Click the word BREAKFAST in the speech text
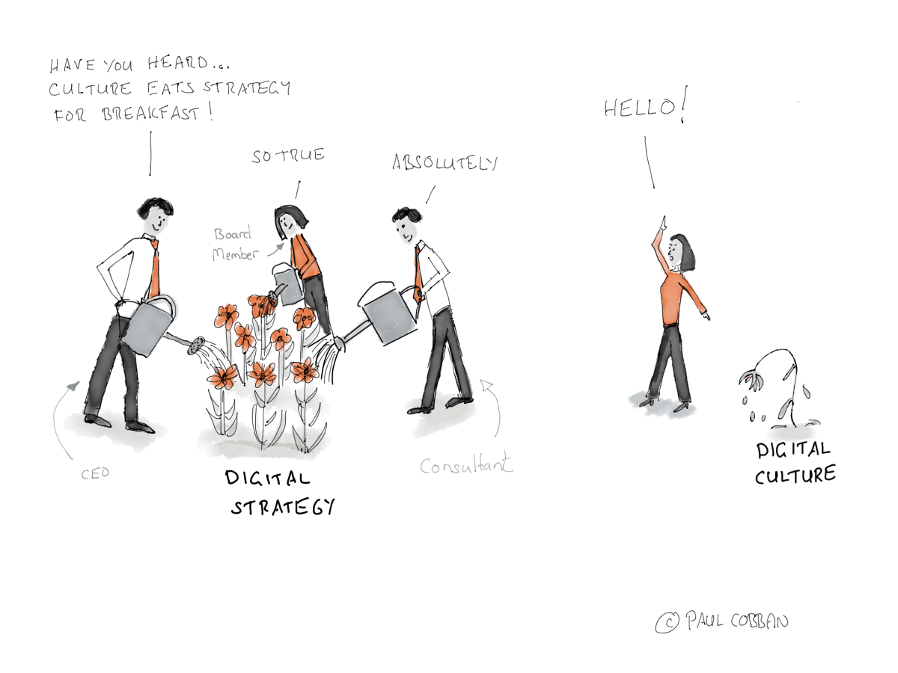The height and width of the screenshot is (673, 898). tap(150, 113)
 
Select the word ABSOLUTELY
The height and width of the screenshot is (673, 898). tap(445, 162)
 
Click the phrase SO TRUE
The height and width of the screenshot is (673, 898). tap(288, 156)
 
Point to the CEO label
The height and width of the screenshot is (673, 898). tap(95, 473)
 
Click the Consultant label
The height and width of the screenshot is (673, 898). tap(466, 464)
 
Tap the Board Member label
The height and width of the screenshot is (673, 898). tap(234, 244)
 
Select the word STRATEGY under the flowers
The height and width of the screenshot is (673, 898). tap(283, 507)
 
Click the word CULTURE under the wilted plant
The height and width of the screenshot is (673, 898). tap(795, 476)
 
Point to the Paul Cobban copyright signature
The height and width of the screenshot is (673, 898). tap(722, 622)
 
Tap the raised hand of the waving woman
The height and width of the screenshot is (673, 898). tap(663, 224)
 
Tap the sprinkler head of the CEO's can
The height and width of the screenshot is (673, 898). tap(196, 345)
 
